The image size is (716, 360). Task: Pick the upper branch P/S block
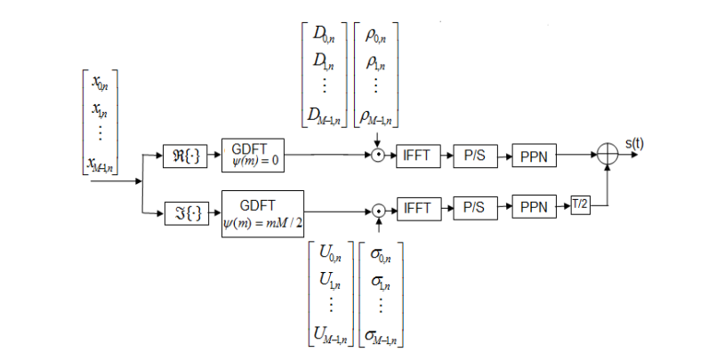pyautogui.click(x=474, y=155)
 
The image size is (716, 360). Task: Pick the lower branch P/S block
pyautogui.click(x=474, y=210)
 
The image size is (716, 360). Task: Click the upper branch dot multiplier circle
pyautogui.click(x=378, y=155)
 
